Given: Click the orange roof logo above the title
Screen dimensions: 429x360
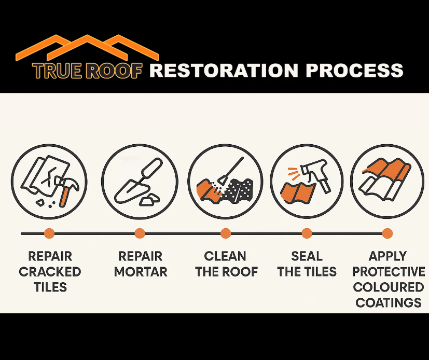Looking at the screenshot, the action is (87, 47).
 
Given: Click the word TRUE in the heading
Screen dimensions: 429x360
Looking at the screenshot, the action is (57, 71).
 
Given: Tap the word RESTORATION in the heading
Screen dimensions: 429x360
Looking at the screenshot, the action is (223, 70).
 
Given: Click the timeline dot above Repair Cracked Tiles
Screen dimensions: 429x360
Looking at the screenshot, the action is (49, 233).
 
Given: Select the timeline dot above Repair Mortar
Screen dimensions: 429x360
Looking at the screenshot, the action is (140, 233).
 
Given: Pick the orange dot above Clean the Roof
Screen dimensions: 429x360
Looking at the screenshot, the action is (226, 233).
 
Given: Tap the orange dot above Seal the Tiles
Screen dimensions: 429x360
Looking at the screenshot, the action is (307, 233).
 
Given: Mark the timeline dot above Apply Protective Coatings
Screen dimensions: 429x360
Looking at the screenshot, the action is (388, 233).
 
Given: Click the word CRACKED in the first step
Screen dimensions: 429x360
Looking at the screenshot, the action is (50, 272).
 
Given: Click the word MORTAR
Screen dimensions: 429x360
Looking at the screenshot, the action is (141, 272).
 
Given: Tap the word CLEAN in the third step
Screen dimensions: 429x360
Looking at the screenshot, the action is (225, 256).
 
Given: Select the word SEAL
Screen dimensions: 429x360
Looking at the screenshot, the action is (307, 256).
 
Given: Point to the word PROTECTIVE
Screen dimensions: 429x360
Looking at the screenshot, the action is (389, 272).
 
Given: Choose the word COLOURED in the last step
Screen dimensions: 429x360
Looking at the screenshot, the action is (389, 287).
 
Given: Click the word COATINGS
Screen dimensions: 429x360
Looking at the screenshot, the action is (389, 302).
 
